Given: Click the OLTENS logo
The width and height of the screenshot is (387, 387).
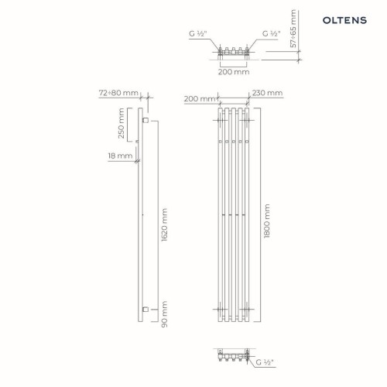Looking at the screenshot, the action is (x=344, y=20).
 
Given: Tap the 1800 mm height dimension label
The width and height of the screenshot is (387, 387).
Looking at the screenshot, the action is (x=267, y=221).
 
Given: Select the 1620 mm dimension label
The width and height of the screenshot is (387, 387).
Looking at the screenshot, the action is (x=164, y=225).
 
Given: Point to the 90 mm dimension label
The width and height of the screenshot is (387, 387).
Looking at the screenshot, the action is (x=164, y=314).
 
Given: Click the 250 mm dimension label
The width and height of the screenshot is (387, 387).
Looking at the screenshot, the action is (x=121, y=123).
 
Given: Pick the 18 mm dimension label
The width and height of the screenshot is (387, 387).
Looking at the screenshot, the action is (x=120, y=156).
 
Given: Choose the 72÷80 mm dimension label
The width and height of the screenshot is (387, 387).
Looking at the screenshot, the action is (x=118, y=93).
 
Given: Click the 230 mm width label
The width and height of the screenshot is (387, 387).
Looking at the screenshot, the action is (x=267, y=93).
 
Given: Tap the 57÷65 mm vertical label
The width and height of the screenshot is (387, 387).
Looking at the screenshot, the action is (x=293, y=29).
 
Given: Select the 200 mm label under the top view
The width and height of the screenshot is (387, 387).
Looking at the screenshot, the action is (x=234, y=72).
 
